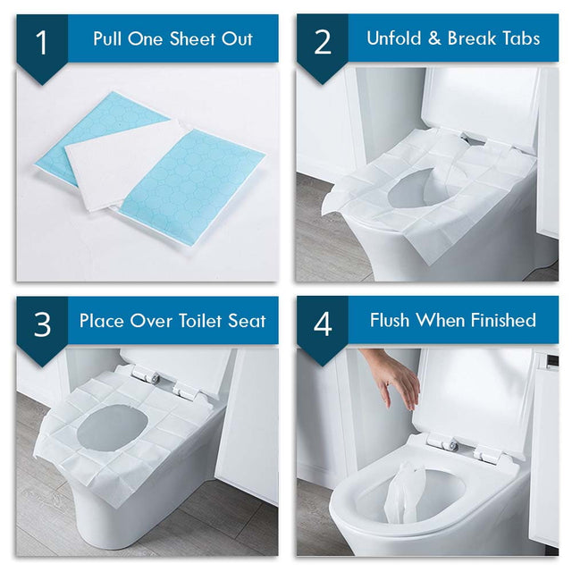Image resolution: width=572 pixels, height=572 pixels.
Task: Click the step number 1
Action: pos(42,42)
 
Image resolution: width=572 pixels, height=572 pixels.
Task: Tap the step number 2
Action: pos(323,42)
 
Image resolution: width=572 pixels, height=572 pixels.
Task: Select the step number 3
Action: pos(42,324)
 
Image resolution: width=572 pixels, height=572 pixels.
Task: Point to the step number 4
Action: pos(323,324)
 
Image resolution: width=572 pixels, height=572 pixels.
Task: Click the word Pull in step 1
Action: pos(109,39)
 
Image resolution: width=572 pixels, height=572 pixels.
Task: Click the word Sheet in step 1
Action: pos(197,39)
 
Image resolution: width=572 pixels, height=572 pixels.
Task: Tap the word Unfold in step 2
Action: pos(395,38)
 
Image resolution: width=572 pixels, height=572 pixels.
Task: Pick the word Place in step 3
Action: pos(103,321)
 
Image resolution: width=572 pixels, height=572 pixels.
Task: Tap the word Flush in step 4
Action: pos(394,320)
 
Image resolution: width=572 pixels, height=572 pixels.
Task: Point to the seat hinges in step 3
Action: pos(170,384)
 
